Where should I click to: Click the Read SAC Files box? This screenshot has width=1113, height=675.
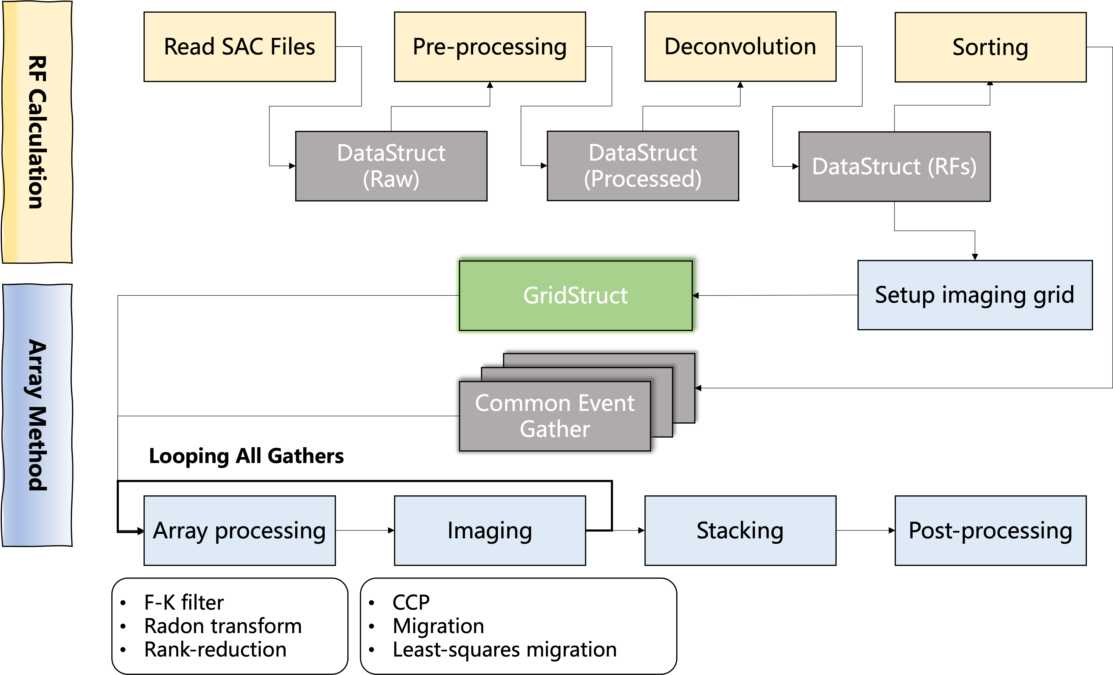pos(239,47)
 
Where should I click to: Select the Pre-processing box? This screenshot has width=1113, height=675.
pos(490,47)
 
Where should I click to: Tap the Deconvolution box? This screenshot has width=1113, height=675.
pos(740,47)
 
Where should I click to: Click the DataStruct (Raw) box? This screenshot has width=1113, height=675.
pos(391,166)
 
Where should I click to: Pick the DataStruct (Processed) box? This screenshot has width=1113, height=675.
pos(643,166)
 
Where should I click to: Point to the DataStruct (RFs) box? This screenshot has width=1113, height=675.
pos(894,166)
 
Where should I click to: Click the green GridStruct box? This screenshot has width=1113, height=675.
pos(575,296)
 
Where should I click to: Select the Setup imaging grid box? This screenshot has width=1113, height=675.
pos(975,295)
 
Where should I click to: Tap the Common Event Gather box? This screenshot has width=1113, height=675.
pos(555,416)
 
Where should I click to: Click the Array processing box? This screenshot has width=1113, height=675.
pos(239,531)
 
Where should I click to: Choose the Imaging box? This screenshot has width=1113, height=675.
pos(490,531)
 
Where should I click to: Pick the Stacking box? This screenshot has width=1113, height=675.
pos(740,531)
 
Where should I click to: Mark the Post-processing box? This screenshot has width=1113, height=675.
pos(990,531)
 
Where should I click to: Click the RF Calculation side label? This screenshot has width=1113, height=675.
pos(37,132)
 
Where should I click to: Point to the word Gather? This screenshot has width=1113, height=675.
pos(555,429)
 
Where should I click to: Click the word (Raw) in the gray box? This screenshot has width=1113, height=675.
pos(391,179)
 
